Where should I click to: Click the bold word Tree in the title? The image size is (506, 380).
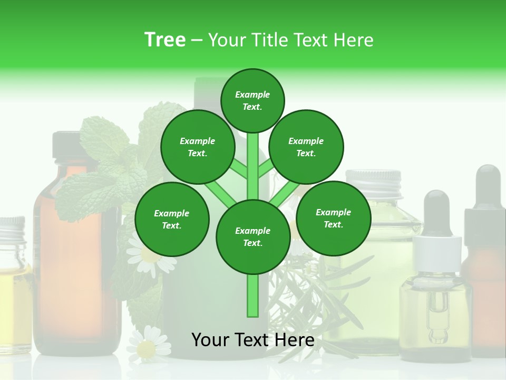tap(165, 40)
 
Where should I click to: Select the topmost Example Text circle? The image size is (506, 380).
tap(252, 100)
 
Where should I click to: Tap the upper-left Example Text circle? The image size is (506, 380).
tap(198, 147)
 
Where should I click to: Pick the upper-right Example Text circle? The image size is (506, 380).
tap(306, 147)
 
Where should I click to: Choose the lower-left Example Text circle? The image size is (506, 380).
tap(172, 219)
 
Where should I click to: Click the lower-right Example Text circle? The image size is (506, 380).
tap(333, 217)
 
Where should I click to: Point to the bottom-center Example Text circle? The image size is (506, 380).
tap(253, 236)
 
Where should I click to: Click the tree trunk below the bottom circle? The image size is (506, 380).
tap(253, 296)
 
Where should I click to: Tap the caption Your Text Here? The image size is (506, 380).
tap(252, 340)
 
